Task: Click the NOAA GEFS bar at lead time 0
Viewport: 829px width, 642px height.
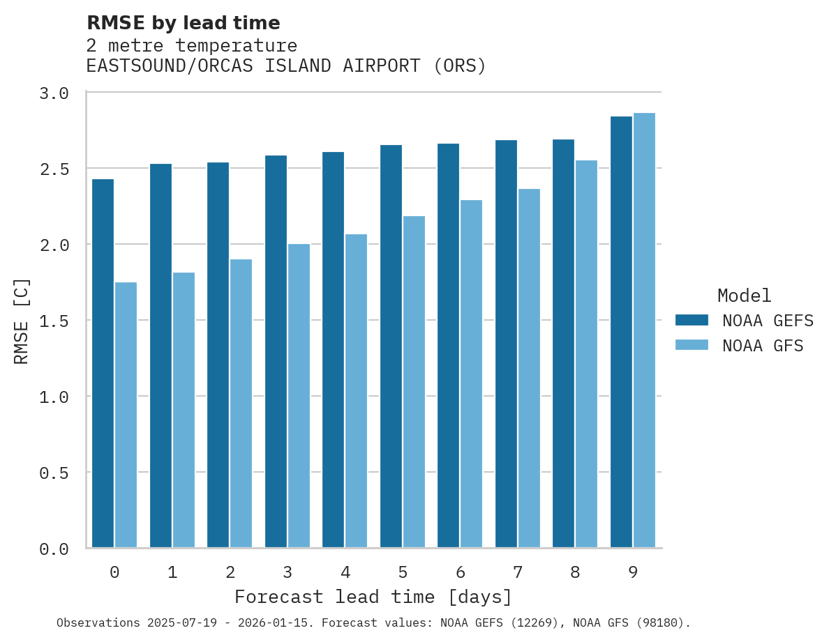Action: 103,363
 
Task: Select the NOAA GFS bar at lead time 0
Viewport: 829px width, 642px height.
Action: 126,415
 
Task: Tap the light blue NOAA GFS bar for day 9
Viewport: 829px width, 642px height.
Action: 644,330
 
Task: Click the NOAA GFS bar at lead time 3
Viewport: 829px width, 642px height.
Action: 299,396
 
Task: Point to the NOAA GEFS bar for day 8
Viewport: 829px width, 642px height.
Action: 563,344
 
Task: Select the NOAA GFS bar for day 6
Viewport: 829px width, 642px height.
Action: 471,374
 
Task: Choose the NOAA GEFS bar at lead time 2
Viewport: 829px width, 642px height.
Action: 218,355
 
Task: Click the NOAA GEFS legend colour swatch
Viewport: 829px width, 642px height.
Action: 692,320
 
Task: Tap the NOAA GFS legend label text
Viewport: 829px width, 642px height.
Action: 763,346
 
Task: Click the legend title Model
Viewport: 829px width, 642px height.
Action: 744,296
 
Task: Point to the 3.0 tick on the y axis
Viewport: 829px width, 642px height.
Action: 54,93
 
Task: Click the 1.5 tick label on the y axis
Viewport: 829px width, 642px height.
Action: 54,321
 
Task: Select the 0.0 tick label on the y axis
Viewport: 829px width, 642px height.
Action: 54,549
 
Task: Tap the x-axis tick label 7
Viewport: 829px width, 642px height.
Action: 517,572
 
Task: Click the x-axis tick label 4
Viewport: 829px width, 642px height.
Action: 345,572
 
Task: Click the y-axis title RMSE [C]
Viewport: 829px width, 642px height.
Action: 22,321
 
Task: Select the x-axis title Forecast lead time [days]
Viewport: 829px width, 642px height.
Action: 373,597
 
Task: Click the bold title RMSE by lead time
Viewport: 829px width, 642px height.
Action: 183,23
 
